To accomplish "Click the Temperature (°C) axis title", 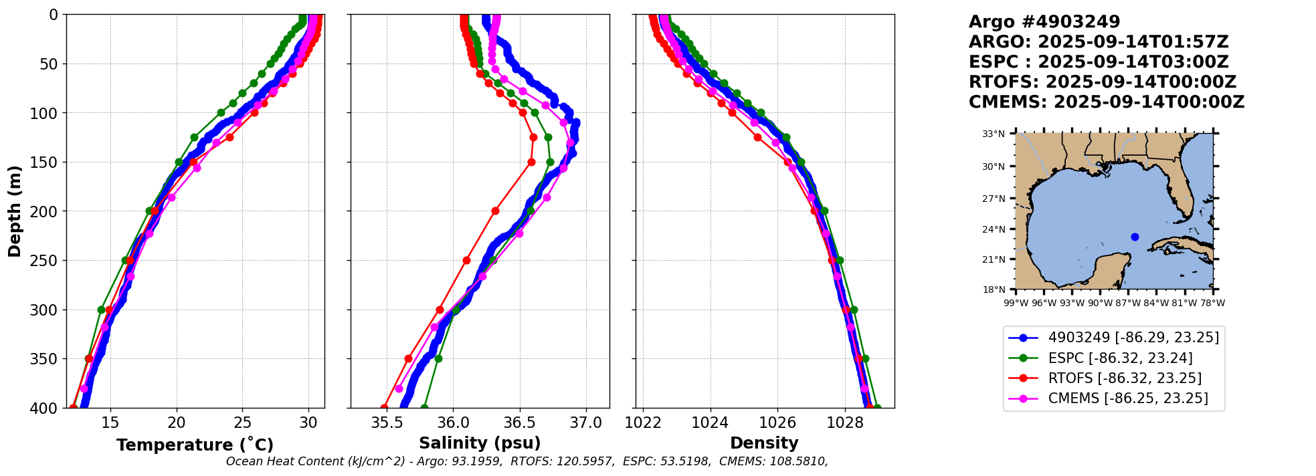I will pyautogui.click(x=195, y=445).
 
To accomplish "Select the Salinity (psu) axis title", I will pyautogui.click(x=480, y=443).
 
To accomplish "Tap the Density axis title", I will pyautogui.click(x=764, y=443).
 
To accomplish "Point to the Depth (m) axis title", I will pyautogui.click(x=15, y=211).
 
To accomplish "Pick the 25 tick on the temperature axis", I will pyautogui.click(x=242, y=423).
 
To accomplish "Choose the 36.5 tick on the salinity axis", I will pyautogui.click(x=519, y=423).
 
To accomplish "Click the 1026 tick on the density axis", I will pyautogui.click(x=777, y=423).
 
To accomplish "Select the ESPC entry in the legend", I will pyautogui.click(x=1120, y=358).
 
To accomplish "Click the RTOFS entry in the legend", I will pyautogui.click(x=1125, y=378).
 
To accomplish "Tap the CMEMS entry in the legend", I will pyautogui.click(x=1128, y=398).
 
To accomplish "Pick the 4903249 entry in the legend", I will pyautogui.click(x=1133, y=338).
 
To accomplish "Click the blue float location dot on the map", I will pyautogui.click(x=1135, y=237).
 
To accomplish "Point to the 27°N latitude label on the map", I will pyautogui.click(x=994, y=199).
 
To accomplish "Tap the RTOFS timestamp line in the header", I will pyautogui.click(x=1102, y=82).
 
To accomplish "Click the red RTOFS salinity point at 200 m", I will pyautogui.click(x=495, y=211).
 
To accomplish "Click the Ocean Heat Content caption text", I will pyautogui.click(x=527, y=461).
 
